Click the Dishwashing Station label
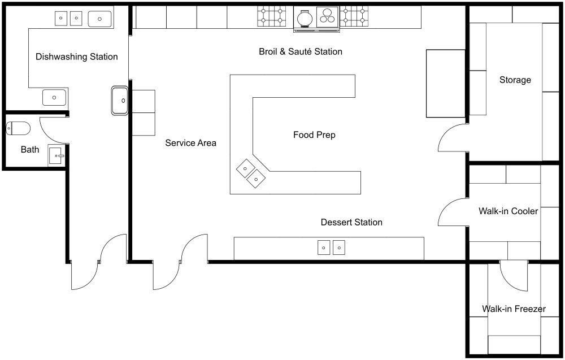point(76,57)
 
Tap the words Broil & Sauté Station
point(300,52)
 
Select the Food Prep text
point(314,135)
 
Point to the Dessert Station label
point(351,222)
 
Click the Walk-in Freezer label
point(513,309)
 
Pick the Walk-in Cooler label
point(508,211)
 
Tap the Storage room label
point(515,80)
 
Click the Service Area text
point(190,143)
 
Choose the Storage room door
point(454,138)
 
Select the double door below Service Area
point(181,261)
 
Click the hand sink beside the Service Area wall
point(120,101)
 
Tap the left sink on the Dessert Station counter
point(324,247)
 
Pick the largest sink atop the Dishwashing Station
point(100,19)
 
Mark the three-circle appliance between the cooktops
point(327,16)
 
